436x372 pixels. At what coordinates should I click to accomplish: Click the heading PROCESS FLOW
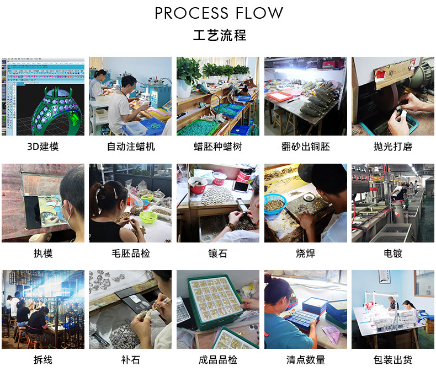pos(219,13)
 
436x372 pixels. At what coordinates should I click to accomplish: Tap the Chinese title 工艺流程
pos(219,36)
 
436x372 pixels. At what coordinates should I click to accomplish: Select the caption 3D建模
pos(42,147)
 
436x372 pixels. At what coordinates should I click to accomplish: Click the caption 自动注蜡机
pos(130,147)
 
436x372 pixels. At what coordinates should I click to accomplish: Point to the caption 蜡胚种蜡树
pos(218,147)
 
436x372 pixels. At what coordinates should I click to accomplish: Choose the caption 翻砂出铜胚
pos(305,147)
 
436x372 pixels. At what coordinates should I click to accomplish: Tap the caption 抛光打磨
pos(393,147)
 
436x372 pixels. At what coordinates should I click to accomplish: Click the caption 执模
pos(42,254)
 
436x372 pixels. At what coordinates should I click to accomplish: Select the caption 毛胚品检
pos(130,254)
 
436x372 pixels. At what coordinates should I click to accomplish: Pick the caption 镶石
pos(218,254)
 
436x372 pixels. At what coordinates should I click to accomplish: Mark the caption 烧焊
pos(305,254)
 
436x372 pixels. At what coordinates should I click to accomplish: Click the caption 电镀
pos(393,254)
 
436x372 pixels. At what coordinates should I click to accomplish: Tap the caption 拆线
pos(42,360)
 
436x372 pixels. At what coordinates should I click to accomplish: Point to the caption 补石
pos(130,360)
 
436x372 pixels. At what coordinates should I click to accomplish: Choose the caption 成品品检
pos(218,360)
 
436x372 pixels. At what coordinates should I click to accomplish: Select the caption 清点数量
pos(305,360)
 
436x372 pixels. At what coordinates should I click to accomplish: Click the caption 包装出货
pos(393,360)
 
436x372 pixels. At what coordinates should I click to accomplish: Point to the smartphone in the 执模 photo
pos(31,213)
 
